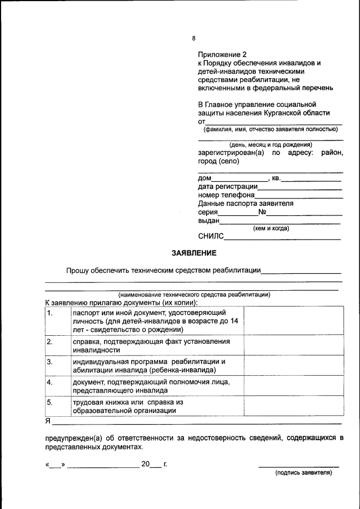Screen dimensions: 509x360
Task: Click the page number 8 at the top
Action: click(193, 38)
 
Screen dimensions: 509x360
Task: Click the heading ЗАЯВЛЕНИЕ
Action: click(194, 253)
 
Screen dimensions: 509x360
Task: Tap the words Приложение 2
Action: click(222, 55)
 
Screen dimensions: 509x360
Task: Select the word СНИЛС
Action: click(211, 237)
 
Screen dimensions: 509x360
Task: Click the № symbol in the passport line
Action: click(262, 212)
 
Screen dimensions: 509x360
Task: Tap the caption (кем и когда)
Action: click(271, 228)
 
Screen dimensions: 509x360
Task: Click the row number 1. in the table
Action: click(50, 313)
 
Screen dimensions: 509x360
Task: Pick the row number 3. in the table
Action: click(50, 362)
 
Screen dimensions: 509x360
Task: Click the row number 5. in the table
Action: click(50, 403)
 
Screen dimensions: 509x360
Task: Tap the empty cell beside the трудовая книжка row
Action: click(292, 406)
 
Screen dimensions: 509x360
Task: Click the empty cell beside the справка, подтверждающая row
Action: click(292, 345)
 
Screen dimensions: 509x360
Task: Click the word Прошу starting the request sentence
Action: click(78, 271)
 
